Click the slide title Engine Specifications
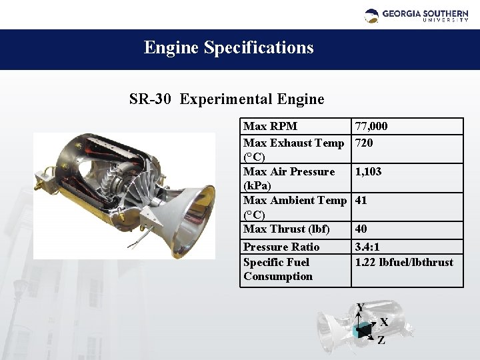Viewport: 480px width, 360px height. click(x=229, y=48)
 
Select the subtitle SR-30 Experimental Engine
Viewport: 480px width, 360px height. click(x=227, y=99)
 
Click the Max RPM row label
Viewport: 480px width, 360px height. click(x=270, y=127)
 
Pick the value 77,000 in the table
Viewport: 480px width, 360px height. click(x=371, y=127)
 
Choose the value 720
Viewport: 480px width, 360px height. click(x=364, y=143)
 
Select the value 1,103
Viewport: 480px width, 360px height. click(x=368, y=172)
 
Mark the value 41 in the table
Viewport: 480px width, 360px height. click(x=361, y=200)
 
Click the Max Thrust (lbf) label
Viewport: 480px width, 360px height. click(x=286, y=229)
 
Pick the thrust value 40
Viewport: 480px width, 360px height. click(x=361, y=229)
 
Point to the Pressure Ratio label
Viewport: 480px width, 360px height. click(x=281, y=247)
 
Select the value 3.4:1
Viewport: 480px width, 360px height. click(x=367, y=247)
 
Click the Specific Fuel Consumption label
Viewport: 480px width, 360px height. click(x=277, y=269)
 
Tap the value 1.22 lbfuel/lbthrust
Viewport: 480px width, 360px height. click(x=404, y=262)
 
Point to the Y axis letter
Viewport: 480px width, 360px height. click(x=361, y=308)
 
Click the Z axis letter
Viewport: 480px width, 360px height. click(x=381, y=341)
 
